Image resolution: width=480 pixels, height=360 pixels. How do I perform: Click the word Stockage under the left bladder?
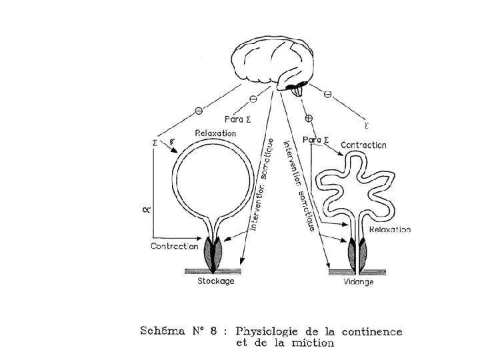(216, 281)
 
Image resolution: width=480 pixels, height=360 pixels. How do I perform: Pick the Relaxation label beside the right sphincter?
(388, 229)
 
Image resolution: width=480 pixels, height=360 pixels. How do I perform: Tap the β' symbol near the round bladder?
(173, 142)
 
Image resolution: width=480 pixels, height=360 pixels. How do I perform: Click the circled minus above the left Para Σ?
(253, 100)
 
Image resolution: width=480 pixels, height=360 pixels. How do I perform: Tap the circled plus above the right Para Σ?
(308, 119)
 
